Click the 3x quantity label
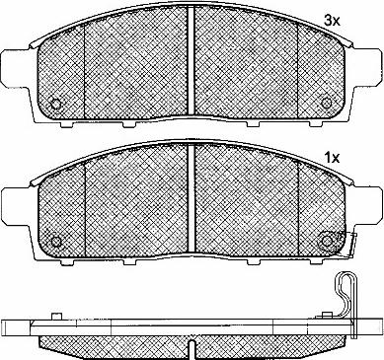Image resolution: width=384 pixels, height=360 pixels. tap(332, 22)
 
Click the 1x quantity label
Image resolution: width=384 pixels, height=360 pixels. tap(332, 159)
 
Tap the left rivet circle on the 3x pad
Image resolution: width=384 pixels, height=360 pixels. tap(56, 105)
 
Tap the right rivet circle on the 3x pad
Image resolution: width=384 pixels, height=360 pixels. tap(326, 104)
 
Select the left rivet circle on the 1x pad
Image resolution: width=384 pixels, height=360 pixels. tap(57, 242)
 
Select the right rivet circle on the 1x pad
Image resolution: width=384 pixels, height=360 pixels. tap(327, 241)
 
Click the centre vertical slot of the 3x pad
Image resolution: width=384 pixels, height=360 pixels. tap(192, 61)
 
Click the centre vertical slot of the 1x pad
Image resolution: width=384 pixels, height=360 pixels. tap(192, 199)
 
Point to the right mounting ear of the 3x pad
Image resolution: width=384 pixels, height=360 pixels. tap(368, 67)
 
